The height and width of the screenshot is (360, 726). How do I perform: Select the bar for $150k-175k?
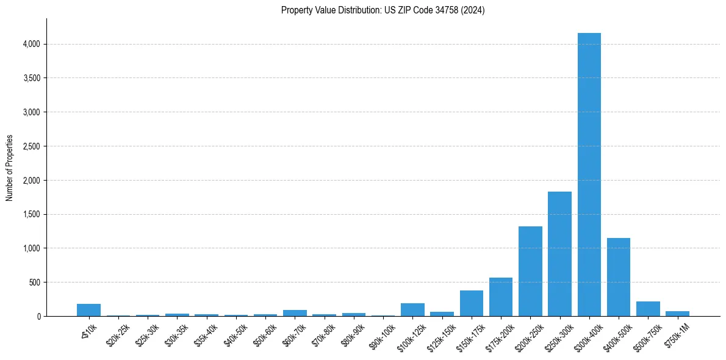[471, 303]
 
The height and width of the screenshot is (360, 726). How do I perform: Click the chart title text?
[383, 10]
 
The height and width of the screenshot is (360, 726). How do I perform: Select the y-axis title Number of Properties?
[10, 168]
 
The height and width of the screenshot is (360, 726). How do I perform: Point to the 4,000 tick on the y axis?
[31, 44]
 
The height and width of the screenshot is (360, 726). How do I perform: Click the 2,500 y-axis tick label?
[31, 146]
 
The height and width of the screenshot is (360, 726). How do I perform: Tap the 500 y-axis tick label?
[34, 283]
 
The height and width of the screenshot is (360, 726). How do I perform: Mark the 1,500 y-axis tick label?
[31, 214]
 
